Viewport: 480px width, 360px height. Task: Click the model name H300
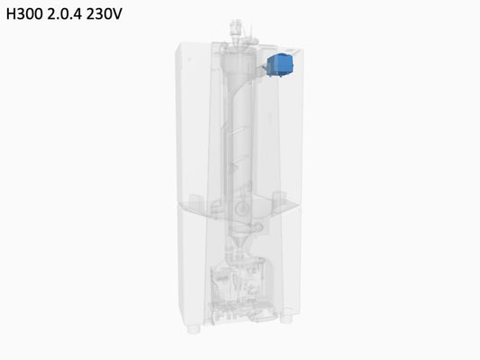click(x=24, y=14)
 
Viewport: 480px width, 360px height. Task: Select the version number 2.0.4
click(x=65, y=14)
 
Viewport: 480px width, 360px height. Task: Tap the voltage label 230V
click(x=104, y=14)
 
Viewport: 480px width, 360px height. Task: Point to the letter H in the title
click(x=11, y=14)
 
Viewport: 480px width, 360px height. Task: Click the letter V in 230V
click(x=117, y=14)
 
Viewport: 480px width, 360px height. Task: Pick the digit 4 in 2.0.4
click(x=77, y=14)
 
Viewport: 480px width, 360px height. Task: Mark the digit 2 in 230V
click(x=90, y=14)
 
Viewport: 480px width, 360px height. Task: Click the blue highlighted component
click(x=280, y=65)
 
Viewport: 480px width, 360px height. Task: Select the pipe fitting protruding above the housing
click(x=235, y=30)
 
